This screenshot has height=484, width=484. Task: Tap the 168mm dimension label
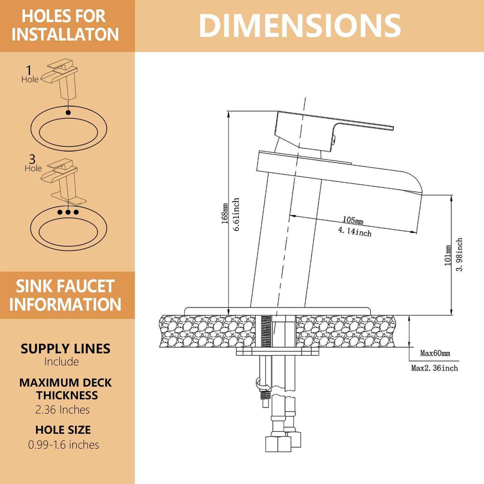[x=225, y=214]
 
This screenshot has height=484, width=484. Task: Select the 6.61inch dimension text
[x=236, y=214]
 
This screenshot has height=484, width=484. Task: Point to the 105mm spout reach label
[x=353, y=220]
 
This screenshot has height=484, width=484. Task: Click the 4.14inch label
[x=355, y=231]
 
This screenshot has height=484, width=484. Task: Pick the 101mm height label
[x=448, y=255]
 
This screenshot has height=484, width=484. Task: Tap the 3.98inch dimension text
[x=459, y=255]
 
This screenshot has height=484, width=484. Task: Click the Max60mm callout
[x=435, y=353]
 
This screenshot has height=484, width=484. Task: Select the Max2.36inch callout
[x=434, y=368]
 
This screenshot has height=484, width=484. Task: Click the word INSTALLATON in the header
[x=66, y=35]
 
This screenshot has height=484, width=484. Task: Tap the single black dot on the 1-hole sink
[x=68, y=113]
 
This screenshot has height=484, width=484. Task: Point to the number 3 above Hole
[x=32, y=159]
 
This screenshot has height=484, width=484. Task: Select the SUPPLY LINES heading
[x=66, y=349]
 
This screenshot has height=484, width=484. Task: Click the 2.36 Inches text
[x=63, y=410]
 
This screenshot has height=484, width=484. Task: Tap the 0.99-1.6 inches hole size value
[x=64, y=445]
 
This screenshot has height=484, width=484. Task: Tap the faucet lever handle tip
[x=391, y=128]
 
